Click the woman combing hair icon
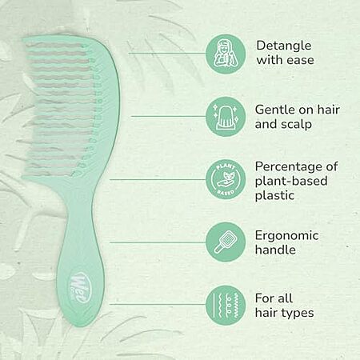(x=226, y=54)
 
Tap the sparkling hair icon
(x=226, y=117)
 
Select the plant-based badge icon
(x=226, y=179)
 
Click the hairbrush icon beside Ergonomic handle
(x=226, y=242)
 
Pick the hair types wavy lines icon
(x=226, y=305)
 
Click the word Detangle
(x=284, y=46)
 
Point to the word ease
(x=299, y=60)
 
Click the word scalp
(x=295, y=125)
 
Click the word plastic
(x=274, y=195)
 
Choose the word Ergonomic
(x=286, y=236)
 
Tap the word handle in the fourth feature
(x=275, y=250)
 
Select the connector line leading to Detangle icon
(x=167, y=54)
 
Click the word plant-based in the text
(x=291, y=182)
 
